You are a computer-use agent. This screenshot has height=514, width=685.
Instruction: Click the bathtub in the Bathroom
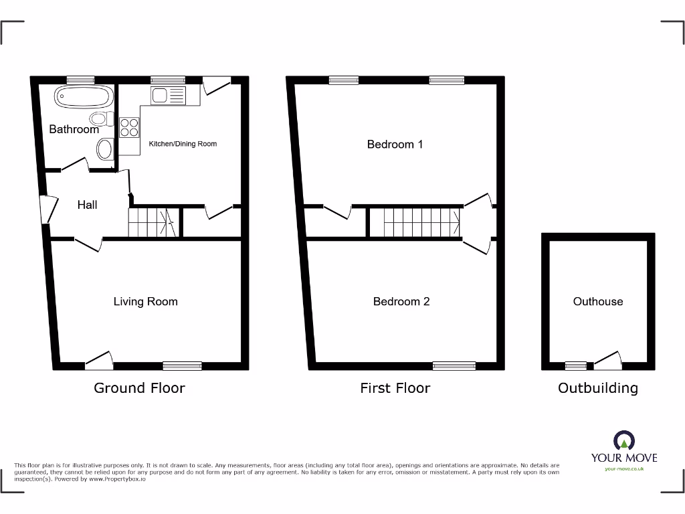[84, 98]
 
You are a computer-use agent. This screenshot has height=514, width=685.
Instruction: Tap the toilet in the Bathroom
[100, 120]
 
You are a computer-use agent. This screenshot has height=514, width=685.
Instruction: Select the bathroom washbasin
[105, 149]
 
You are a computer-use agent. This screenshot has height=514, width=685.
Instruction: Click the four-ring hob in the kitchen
[128, 127]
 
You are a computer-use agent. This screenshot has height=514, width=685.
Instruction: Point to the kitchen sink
[168, 96]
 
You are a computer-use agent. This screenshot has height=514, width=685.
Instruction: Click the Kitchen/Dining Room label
[183, 144]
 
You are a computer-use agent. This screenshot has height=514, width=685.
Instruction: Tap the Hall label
[87, 205]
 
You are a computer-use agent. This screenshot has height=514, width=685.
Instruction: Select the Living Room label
[145, 302]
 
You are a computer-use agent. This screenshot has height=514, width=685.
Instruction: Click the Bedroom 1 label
[395, 144]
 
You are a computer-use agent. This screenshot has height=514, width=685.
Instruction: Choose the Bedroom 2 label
[401, 302]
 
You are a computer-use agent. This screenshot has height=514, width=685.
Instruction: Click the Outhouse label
[597, 302]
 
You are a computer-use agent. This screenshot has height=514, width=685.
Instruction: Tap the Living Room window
[182, 365]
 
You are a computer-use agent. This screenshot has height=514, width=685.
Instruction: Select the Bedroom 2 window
[454, 365]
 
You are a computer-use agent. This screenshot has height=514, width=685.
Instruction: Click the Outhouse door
[607, 361]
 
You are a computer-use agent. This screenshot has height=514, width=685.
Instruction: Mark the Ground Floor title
[139, 388]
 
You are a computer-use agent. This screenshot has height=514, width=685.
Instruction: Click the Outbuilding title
[597, 388]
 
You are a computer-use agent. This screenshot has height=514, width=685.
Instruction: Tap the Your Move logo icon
[624, 440]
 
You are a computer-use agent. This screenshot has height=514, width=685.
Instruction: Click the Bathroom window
[80, 80]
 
